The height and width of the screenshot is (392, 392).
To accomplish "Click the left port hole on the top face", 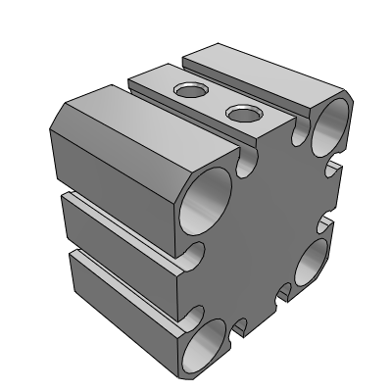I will [187, 93].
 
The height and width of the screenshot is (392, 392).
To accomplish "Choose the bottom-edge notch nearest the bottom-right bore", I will [285, 291].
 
